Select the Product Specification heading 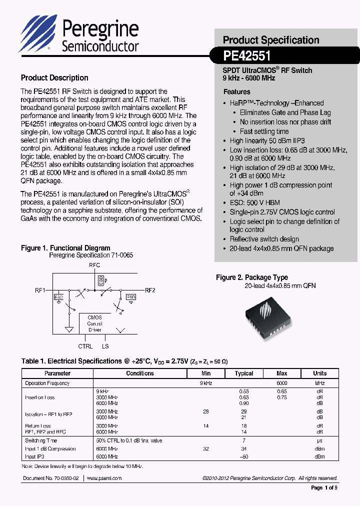pos(270,40)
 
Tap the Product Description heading pos(54,78)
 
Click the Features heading pos(236,92)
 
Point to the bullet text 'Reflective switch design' pos(264,239)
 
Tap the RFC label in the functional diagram pos(94,265)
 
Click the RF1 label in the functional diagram pos(40,290)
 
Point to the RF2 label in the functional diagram pos(150,290)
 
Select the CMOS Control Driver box pos(94,323)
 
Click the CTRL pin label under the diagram pos(85,346)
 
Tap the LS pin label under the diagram pos(105,346)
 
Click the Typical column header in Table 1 pos(244,373)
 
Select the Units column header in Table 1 pos(319,373)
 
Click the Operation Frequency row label pos(47,383)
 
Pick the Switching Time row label pos(41,440)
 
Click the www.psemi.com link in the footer pos(104,478)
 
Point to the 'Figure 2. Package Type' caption pos(251,277)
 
